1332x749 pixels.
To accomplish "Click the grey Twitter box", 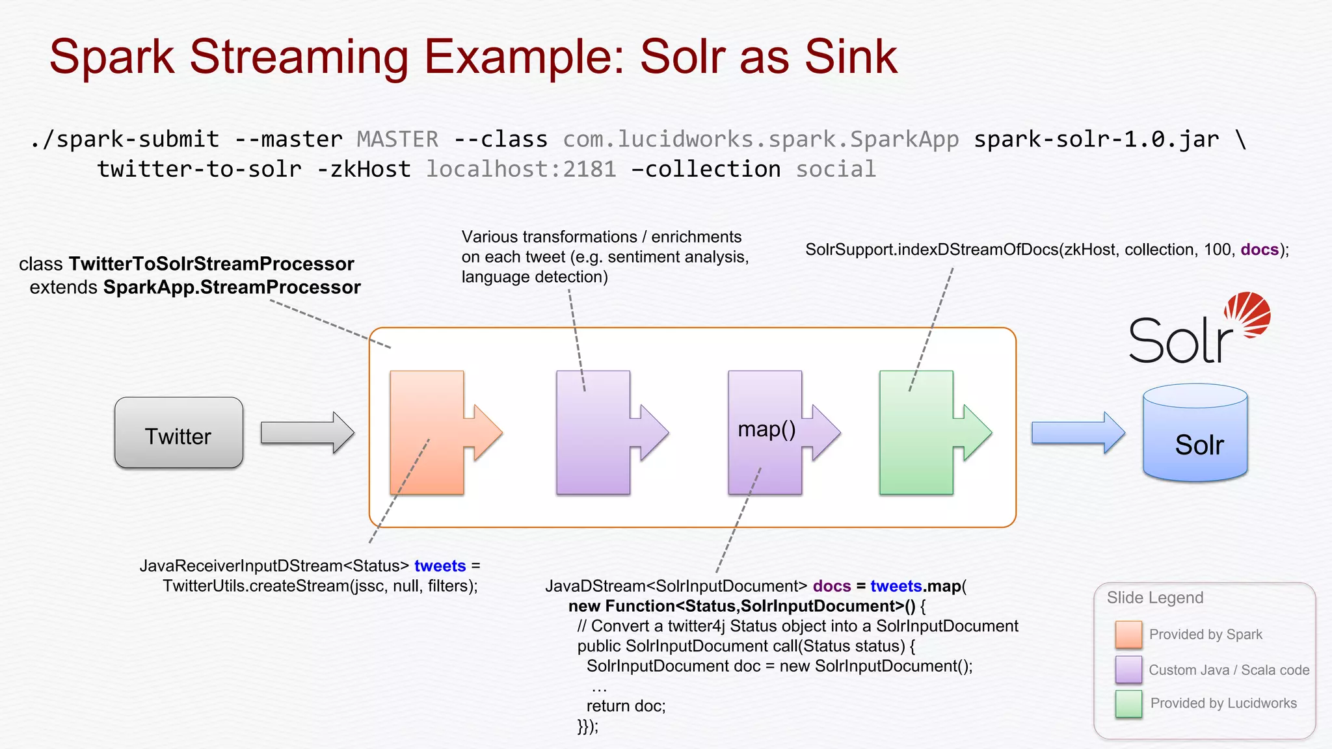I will (x=179, y=433).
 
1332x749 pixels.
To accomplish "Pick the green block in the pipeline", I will (x=916, y=432).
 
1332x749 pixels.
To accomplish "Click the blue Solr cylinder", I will (x=1195, y=435).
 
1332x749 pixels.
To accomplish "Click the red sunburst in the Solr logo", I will (x=1247, y=315).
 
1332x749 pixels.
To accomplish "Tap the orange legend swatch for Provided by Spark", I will (x=1128, y=635).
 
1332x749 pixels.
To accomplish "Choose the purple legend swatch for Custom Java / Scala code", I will (x=1128, y=670).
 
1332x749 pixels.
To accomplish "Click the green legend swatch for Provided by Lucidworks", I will (x=1128, y=703).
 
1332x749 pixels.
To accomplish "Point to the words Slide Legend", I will (x=1155, y=598).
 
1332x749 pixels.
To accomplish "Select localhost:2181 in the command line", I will (x=521, y=169).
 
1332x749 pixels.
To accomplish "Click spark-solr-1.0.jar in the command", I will (x=1096, y=139).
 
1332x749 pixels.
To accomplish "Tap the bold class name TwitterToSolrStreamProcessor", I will (x=211, y=264).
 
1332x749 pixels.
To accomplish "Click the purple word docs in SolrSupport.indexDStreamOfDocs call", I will (x=1259, y=250).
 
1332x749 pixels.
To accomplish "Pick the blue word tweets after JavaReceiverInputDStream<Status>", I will (x=440, y=566).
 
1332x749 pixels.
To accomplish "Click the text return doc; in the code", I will (x=626, y=706).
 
